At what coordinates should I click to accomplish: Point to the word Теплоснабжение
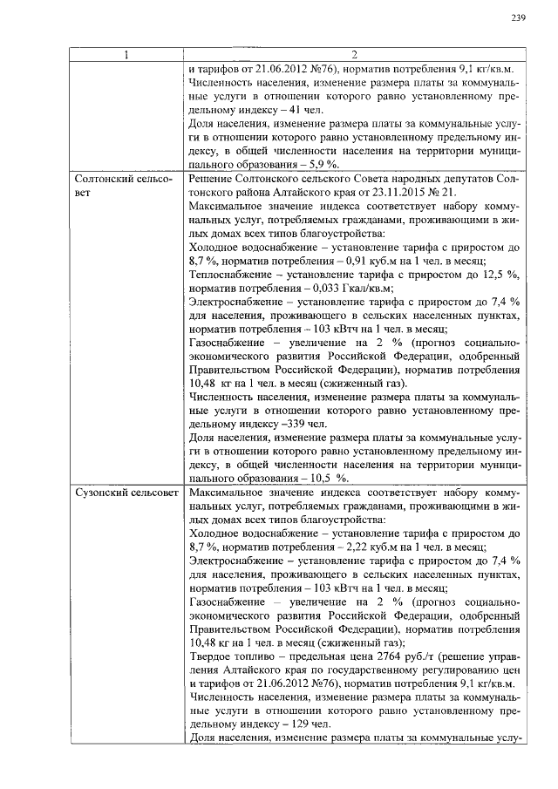tap(230, 275)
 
